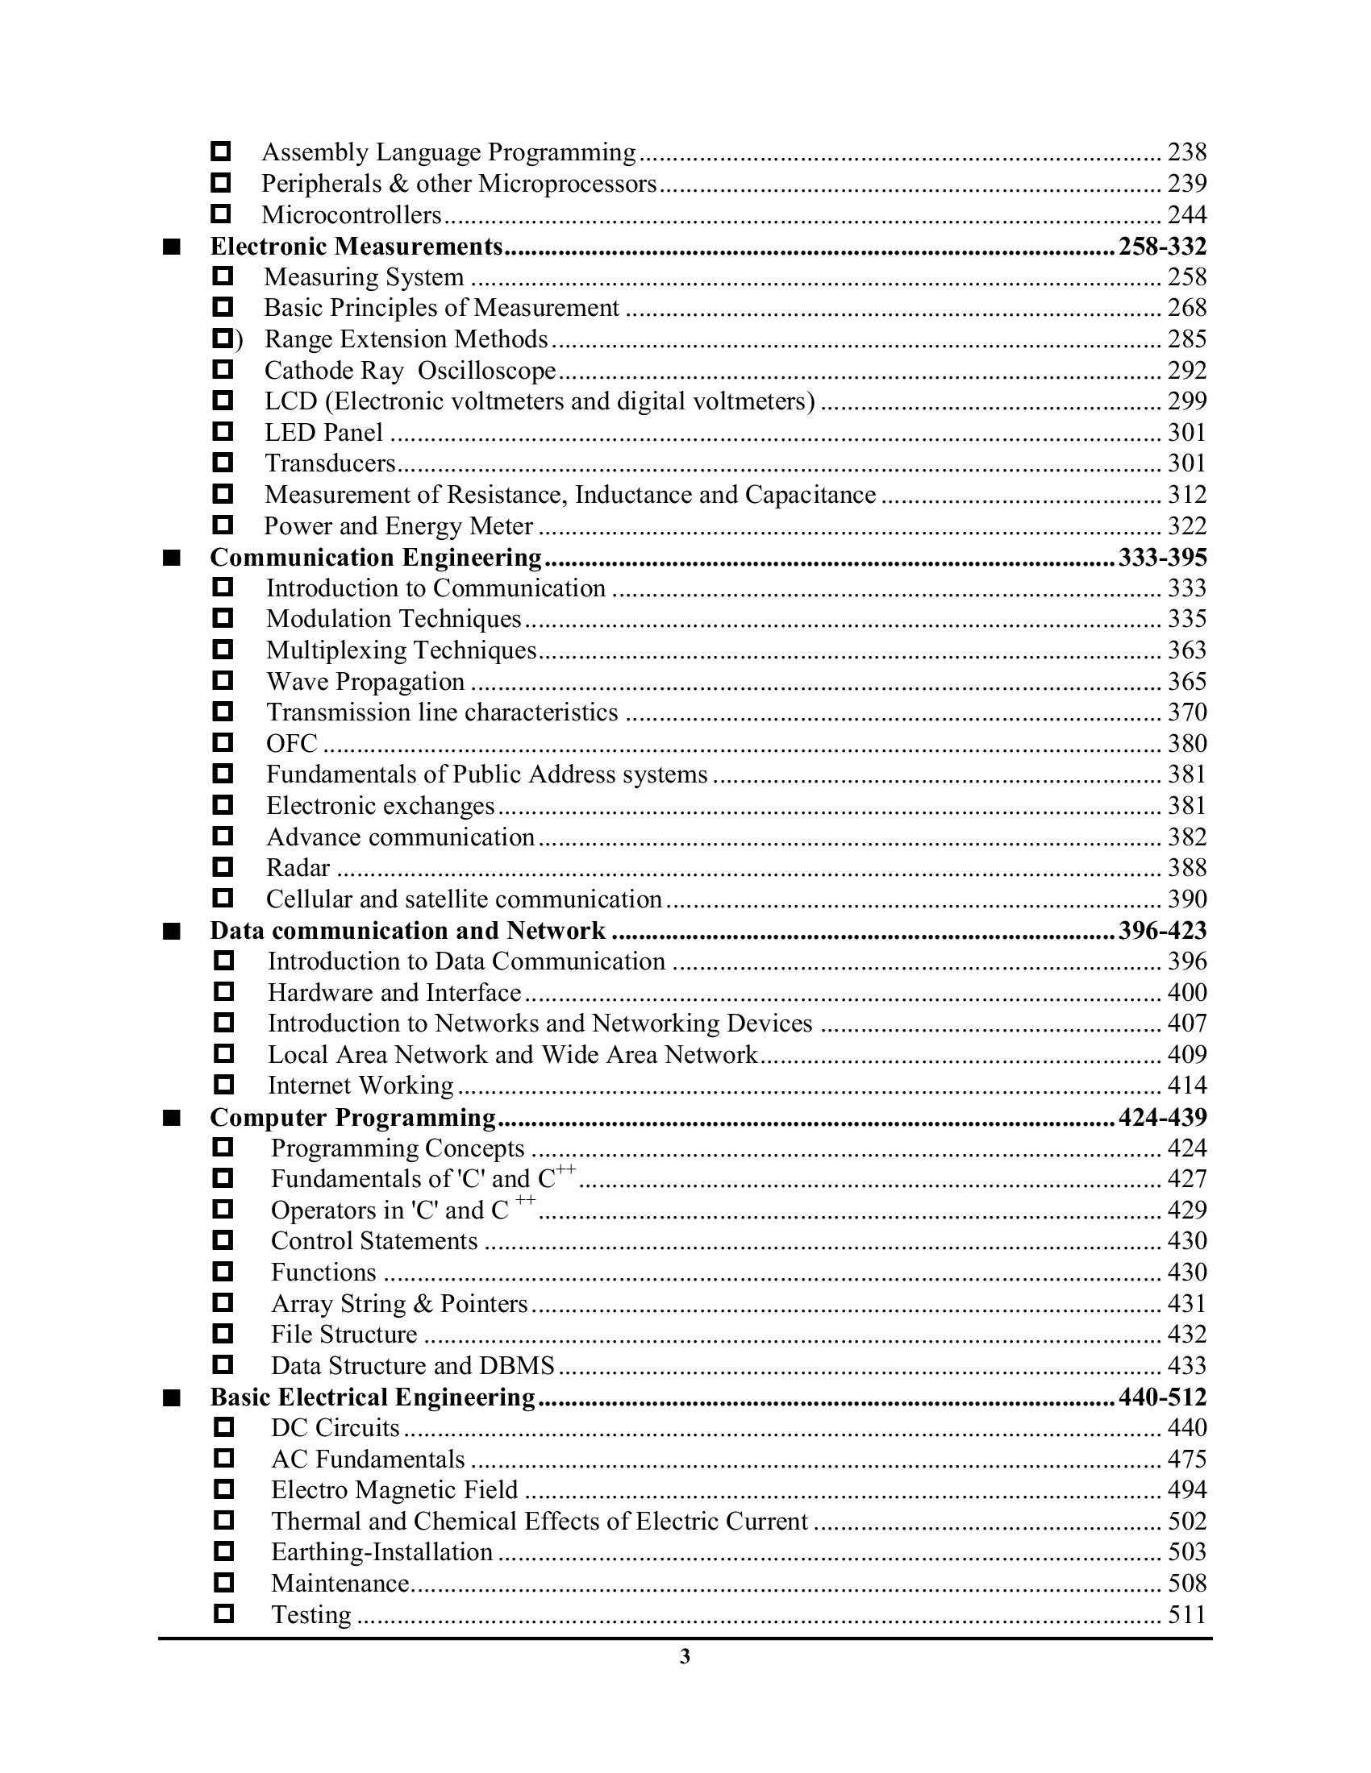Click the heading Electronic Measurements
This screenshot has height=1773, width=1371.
pos(356,246)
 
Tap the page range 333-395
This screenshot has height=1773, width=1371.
pos(1162,557)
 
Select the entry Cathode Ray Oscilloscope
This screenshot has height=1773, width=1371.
pos(410,371)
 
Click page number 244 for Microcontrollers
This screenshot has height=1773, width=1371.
pos(1186,215)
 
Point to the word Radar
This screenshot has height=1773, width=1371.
pos(298,868)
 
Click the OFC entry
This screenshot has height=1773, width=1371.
pos(292,744)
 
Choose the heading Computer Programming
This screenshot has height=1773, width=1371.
pos(352,1118)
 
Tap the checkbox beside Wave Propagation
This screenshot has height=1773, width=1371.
pos(223,680)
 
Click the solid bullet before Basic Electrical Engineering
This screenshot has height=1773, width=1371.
pos(171,1398)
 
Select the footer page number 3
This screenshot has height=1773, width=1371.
pos(685,1657)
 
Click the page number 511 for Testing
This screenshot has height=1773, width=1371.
pos(1186,1615)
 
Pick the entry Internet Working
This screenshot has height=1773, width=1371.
pos(360,1086)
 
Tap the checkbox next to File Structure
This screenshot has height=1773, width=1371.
pos(223,1334)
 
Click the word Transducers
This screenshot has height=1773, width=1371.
pos(330,463)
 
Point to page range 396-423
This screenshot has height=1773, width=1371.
pos(1162,930)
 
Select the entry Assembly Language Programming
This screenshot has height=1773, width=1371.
pos(448,152)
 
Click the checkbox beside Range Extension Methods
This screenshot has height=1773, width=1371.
pos(223,338)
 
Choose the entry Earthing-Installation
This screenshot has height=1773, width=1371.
pos(381,1552)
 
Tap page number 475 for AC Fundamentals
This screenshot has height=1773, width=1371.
pos(1186,1460)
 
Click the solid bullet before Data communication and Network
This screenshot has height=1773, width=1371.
pos(171,931)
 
